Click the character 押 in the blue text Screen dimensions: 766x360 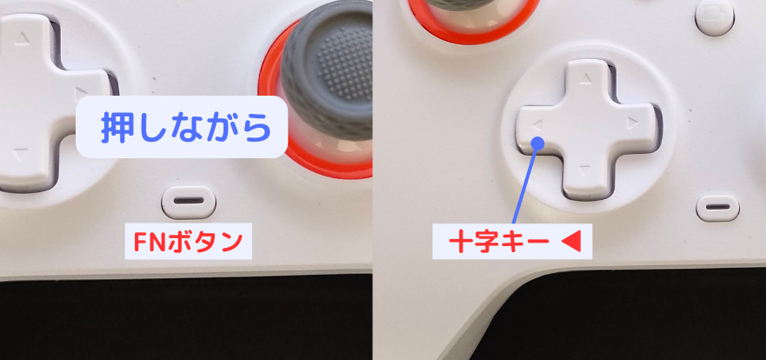[117, 128]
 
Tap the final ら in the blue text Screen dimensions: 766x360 [255, 128]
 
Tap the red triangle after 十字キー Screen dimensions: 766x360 [572, 243]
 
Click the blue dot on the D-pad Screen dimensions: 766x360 [538, 143]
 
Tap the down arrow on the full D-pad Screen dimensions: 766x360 [584, 170]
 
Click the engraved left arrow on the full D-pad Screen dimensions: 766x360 [536, 125]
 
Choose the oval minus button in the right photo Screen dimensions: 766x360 [717, 208]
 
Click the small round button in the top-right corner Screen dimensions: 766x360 [714, 17]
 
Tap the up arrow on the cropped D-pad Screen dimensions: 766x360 [22, 38]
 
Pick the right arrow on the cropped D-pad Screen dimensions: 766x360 [81, 92]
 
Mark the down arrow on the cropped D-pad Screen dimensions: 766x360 [20, 155]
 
